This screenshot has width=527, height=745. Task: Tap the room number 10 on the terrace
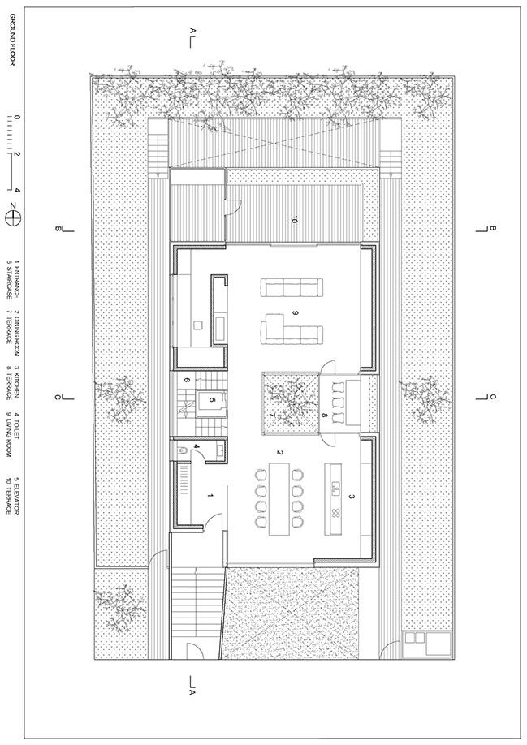pyautogui.click(x=295, y=220)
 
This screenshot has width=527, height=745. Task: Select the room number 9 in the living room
pyautogui.click(x=295, y=312)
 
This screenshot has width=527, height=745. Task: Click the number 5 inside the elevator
pyautogui.click(x=213, y=400)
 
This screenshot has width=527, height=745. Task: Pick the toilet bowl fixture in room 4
pyautogui.click(x=180, y=450)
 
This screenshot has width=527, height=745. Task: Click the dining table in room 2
pyautogui.click(x=279, y=498)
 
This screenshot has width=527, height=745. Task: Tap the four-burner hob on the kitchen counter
pyautogui.click(x=335, y=513)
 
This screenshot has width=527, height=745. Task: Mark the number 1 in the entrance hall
pyautogui.click(x=210, y=496)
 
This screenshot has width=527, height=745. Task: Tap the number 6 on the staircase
pyautogui.click(x=186, y=380)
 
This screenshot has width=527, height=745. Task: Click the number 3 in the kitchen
pyautogui.click(x=351, y=497)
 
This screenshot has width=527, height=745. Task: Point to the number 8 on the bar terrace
pyautogui.click(x=325, y=416)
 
